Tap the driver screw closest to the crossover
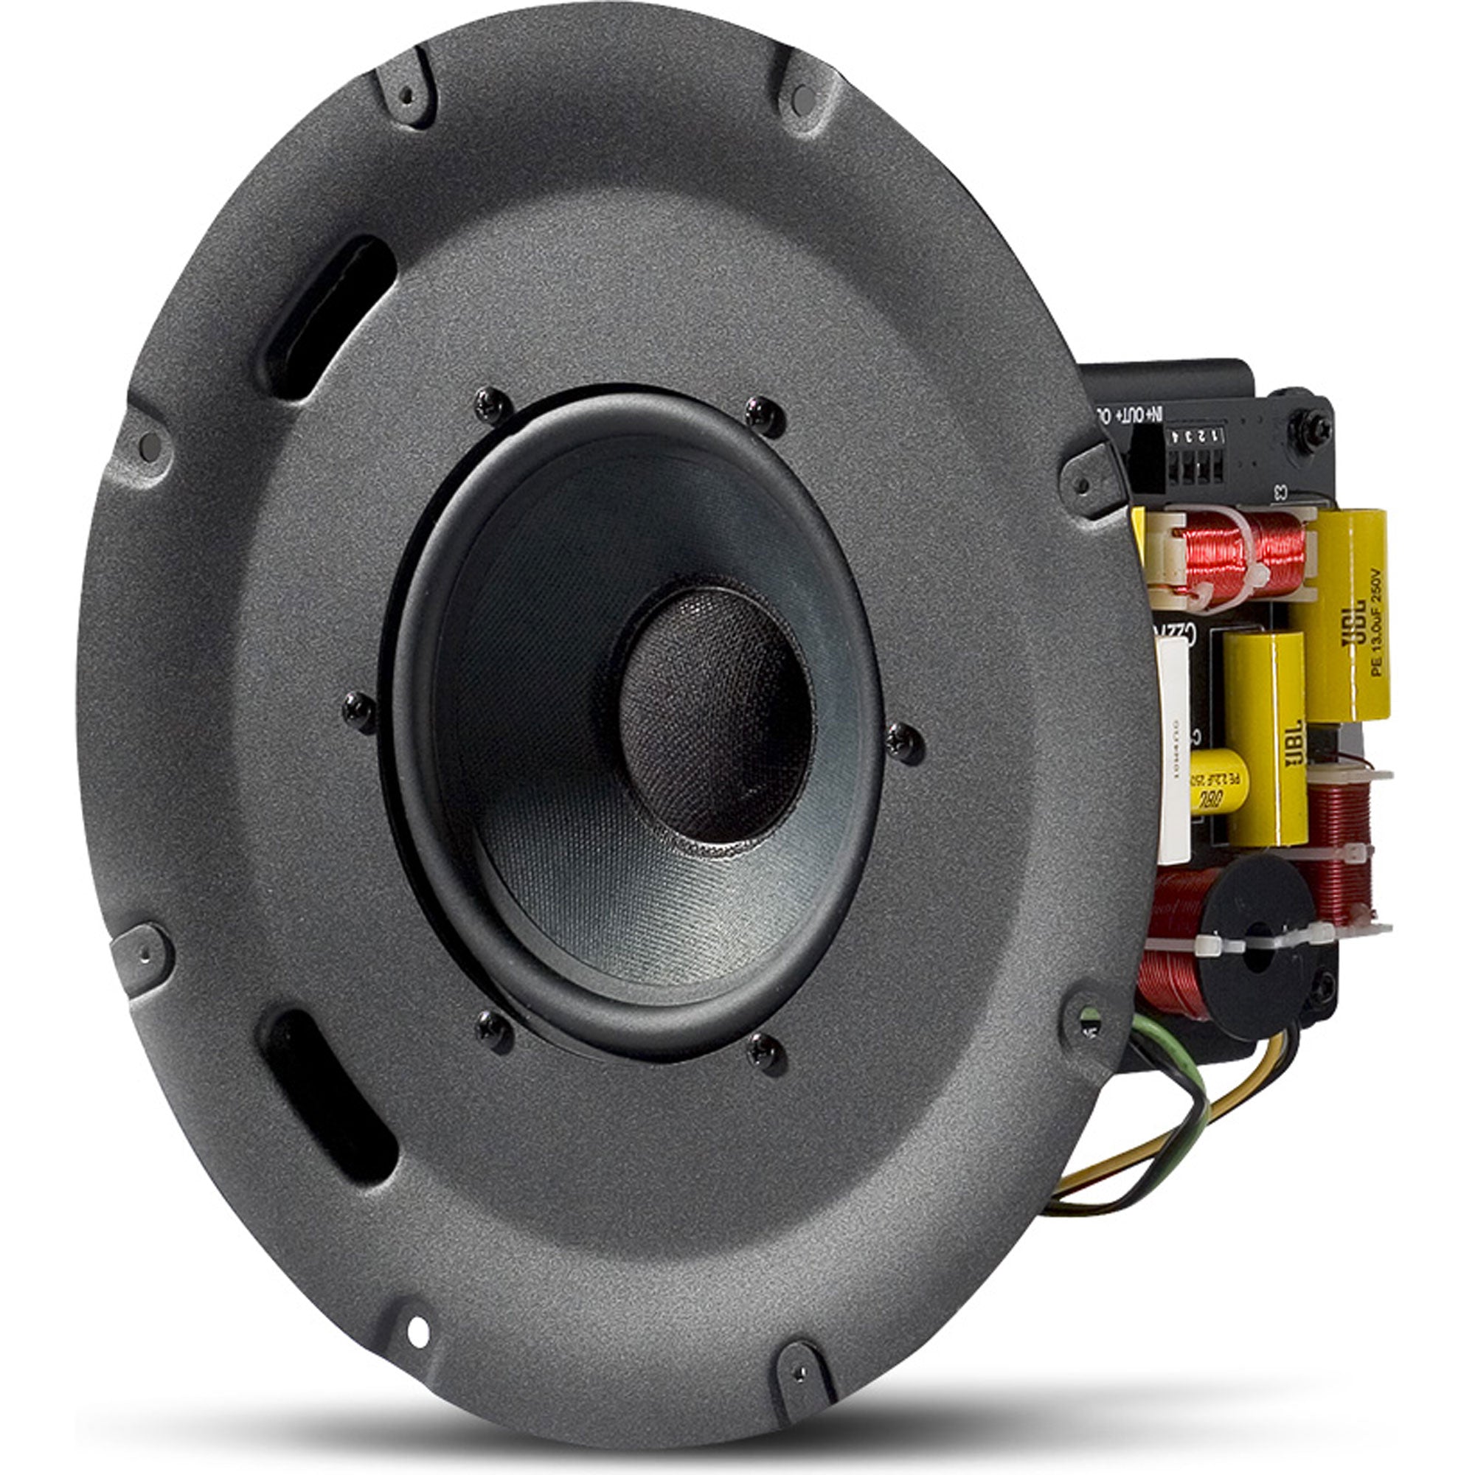906,742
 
